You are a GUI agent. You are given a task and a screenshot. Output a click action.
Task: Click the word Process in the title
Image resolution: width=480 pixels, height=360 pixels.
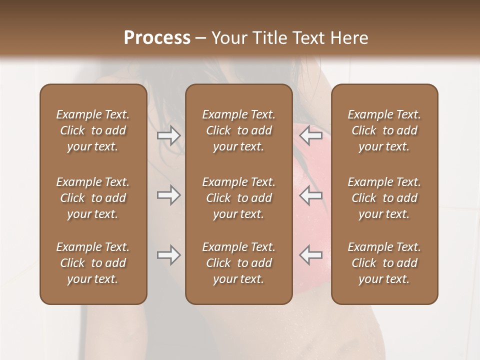(x=157, y=38)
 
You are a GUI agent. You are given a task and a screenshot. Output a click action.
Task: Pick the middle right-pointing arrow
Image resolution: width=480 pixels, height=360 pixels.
(x=169, y=195)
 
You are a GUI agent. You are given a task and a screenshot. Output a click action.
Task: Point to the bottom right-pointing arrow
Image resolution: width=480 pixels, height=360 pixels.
(x=169, y=255)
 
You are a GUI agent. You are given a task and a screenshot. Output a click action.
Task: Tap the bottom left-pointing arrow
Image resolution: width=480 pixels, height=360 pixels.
(x=311, y=255)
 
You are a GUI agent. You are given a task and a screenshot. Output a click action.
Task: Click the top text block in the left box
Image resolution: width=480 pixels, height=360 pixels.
(x=93, y=130)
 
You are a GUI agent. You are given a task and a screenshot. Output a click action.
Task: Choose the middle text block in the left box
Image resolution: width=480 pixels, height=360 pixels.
(x=93, y=198)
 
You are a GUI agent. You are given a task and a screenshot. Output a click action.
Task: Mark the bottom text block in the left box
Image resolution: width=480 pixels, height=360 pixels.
(x=93, y=263)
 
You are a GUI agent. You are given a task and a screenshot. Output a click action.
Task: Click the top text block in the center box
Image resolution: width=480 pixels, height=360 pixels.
(x=239, y=130)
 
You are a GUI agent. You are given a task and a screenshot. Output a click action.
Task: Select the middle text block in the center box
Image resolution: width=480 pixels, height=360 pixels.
(x=239, y=198)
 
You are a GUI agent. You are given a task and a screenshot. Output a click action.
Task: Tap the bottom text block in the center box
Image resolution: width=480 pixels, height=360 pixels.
(x=239, y=263)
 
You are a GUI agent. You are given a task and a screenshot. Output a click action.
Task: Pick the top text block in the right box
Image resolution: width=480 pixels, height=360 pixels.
(x=384, y=130)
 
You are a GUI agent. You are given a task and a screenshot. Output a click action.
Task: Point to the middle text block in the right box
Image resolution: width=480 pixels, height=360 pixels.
(x=384, y=198)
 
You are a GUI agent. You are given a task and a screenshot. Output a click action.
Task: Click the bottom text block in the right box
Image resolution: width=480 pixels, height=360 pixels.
(x=384, y=263)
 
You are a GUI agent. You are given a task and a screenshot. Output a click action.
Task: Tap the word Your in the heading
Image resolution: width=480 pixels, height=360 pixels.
(x=227, y=38)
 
